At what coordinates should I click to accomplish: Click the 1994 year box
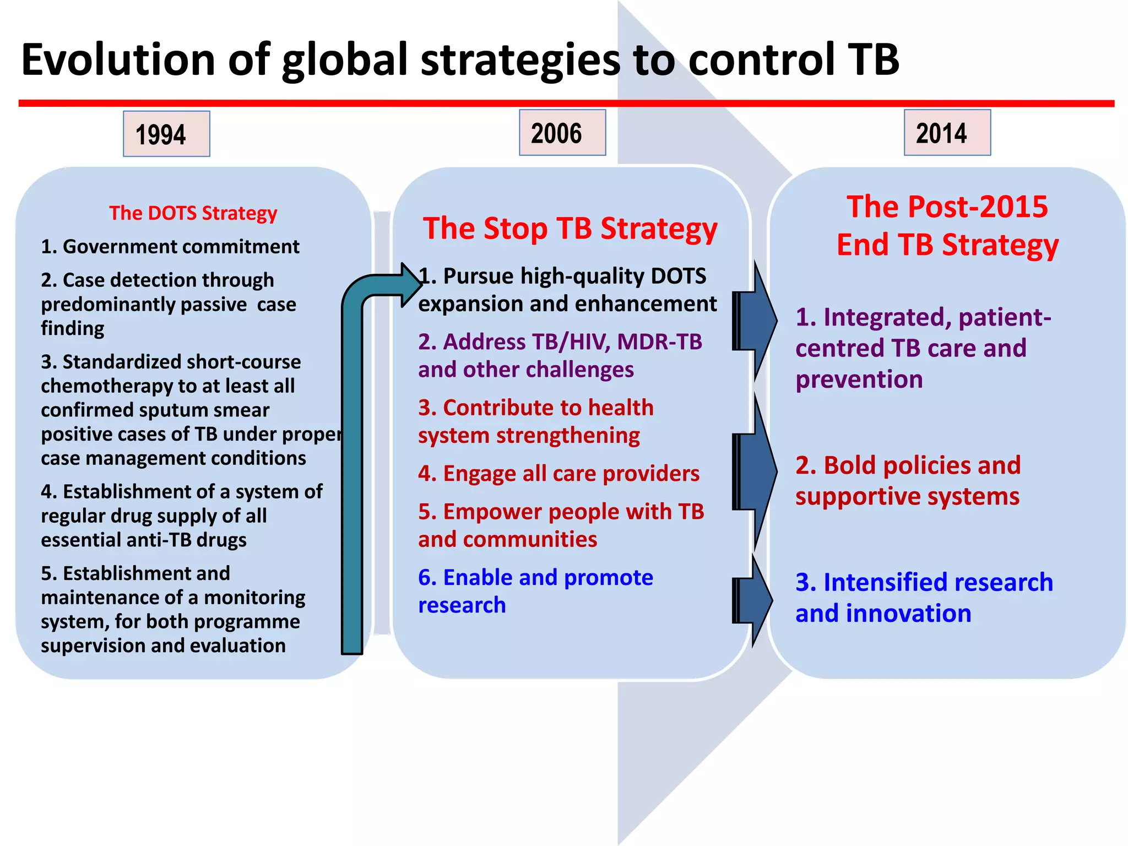[166, 134]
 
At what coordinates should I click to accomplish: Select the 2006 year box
[562, 133]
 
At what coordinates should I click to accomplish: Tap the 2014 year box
[947, 133]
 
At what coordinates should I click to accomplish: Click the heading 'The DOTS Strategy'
[193, 213]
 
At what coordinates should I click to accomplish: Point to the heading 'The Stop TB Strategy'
[570, 229]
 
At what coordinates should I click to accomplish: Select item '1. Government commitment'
[170, 246]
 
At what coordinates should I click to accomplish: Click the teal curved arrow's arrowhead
[410, 285]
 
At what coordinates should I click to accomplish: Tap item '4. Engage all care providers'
[558, 473]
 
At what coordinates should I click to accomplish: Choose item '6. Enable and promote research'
[535, 590]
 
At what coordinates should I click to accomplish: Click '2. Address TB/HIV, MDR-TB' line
[560, 342]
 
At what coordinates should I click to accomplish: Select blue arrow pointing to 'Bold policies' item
[757, 472]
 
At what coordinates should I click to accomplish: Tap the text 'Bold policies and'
[908, 465]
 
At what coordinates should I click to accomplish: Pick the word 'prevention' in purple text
[859, 379]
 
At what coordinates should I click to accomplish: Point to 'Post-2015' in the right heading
[977, 207]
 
